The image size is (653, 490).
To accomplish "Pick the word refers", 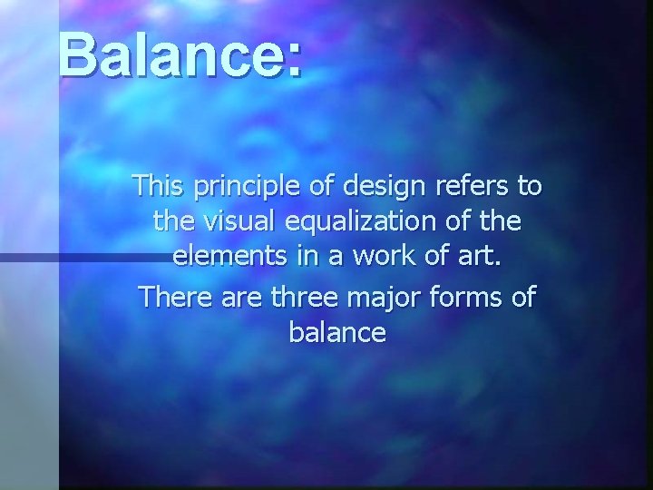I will point(466,187).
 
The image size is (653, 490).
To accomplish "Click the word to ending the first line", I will point(529,188).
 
